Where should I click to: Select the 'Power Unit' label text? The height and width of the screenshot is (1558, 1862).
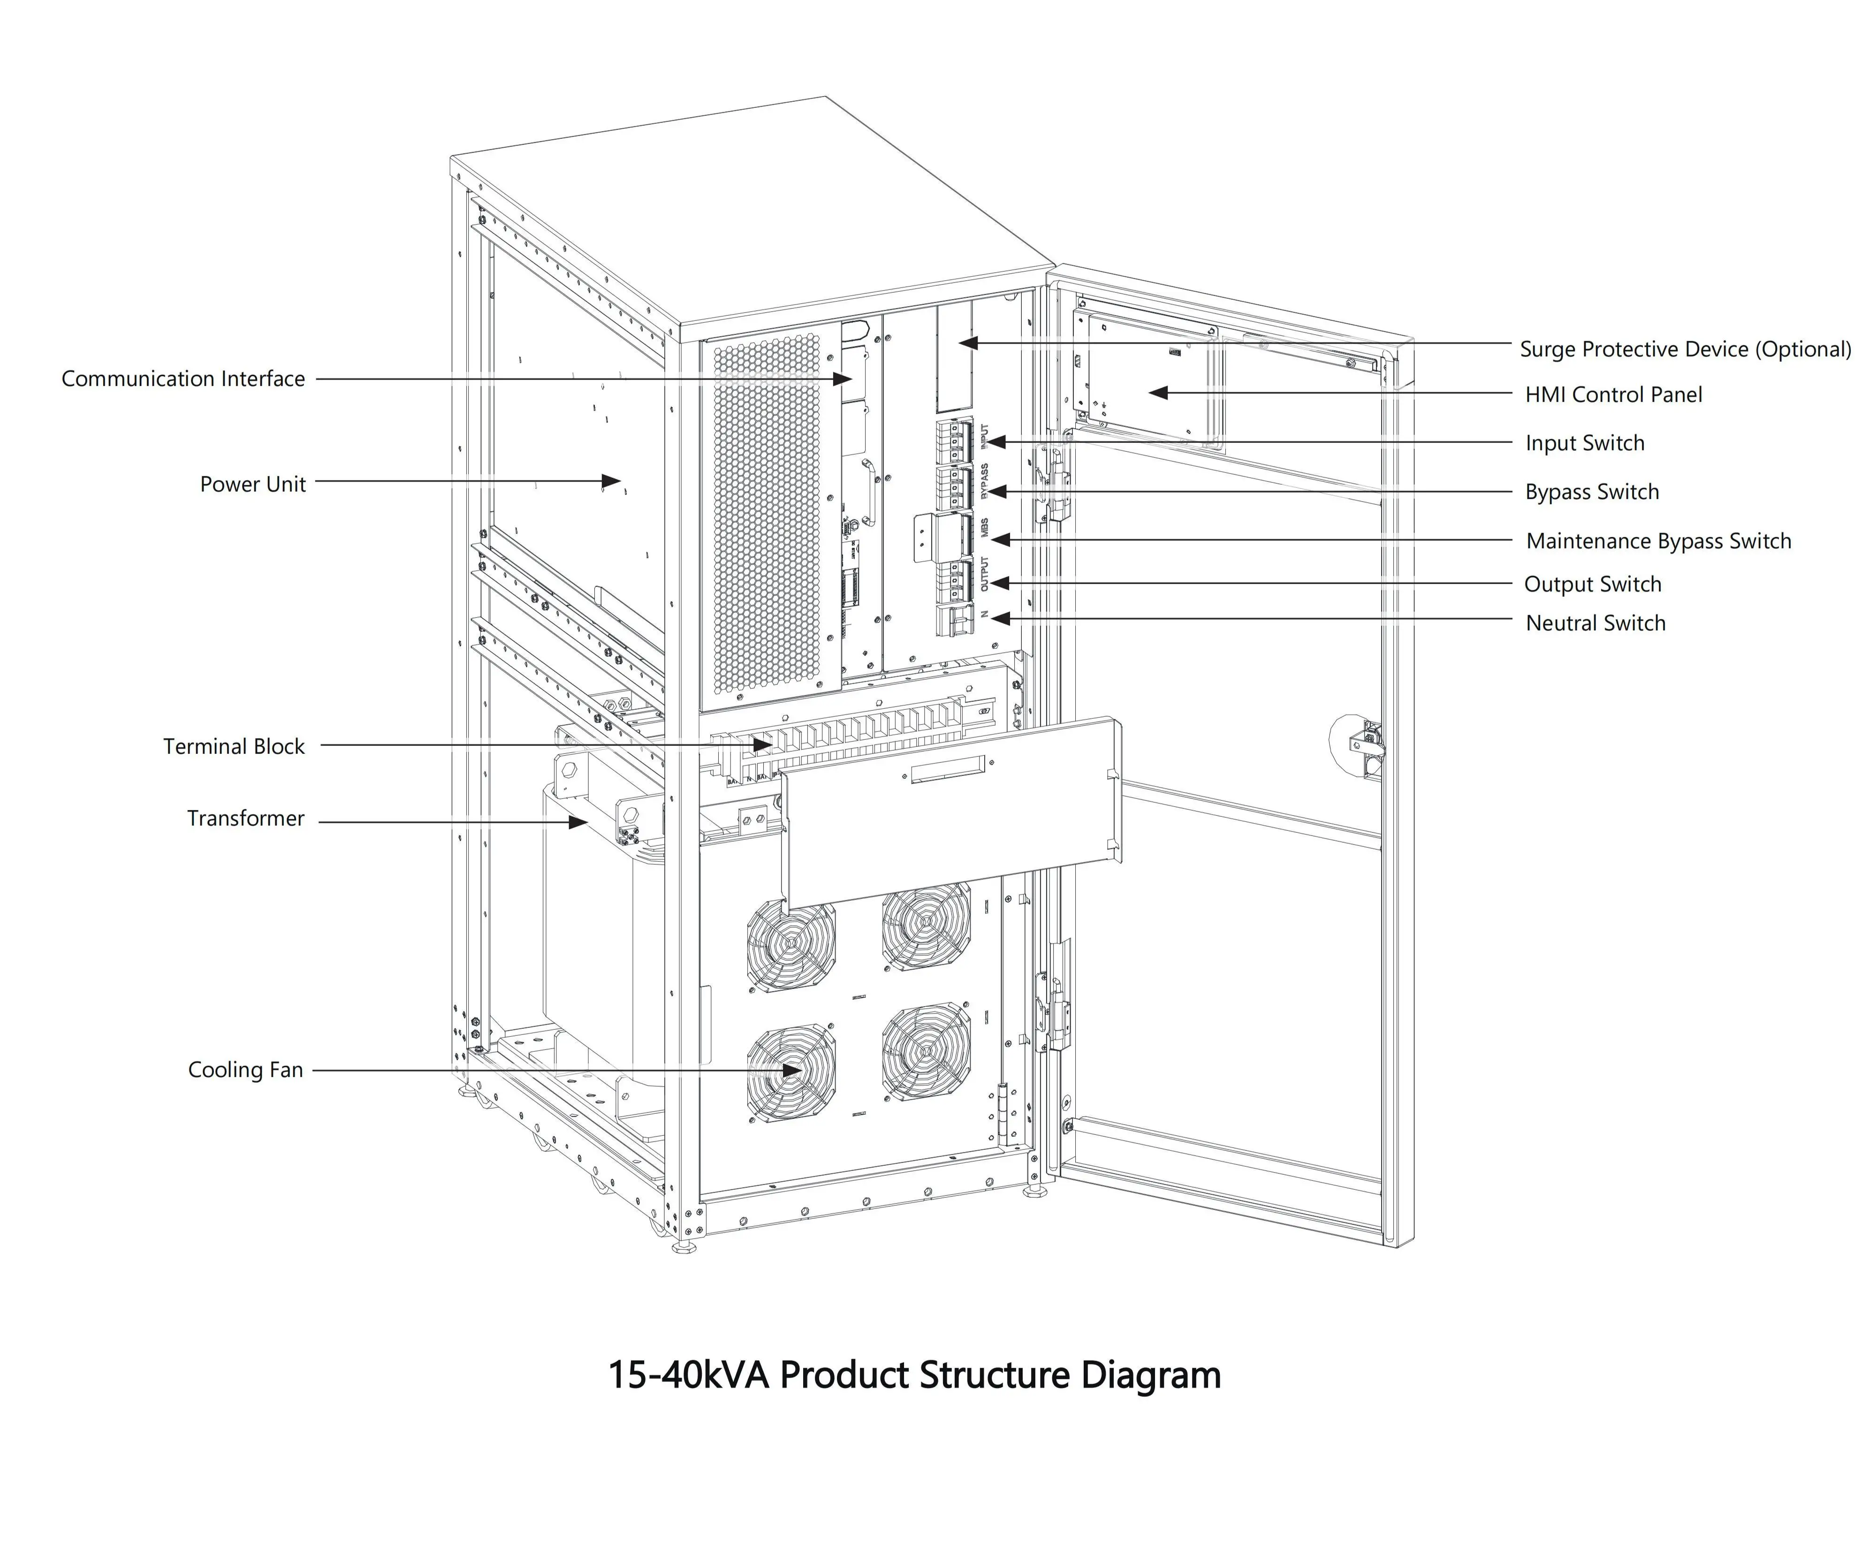pos(253,484)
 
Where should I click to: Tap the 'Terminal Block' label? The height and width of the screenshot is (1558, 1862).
pos(233,747)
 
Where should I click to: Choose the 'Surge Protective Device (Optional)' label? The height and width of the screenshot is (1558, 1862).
pos(1685,350)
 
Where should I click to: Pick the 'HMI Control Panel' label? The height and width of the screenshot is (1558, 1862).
pos(1613,395)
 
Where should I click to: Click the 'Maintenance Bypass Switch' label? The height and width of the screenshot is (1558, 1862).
pos(1658,541)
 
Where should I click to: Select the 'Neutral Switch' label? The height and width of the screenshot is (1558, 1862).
pos(1595,623)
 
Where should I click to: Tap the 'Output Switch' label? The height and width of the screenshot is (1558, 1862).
pos(1592,585)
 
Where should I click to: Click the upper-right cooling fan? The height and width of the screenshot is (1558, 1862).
pos(926,927)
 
